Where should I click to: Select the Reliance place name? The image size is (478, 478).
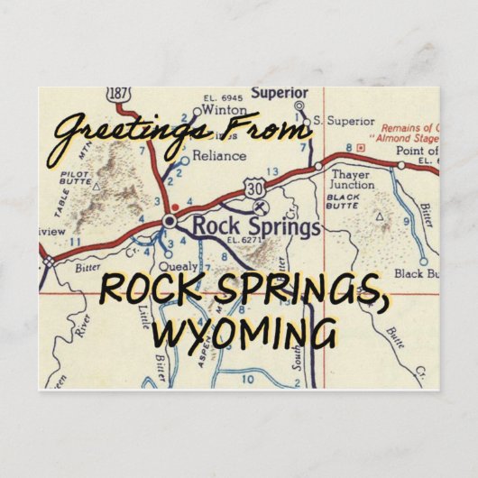[218, 156]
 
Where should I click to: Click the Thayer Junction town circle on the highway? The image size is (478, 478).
[318, 166]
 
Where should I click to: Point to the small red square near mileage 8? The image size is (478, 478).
[360, 147]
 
